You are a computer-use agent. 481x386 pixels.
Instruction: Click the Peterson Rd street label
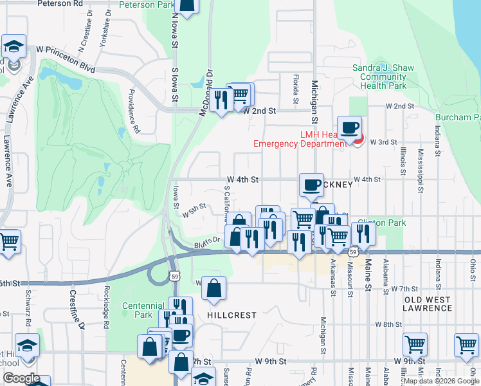60,3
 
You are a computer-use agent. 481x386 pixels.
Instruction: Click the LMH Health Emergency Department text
300,138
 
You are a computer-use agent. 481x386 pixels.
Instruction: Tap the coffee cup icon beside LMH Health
349,127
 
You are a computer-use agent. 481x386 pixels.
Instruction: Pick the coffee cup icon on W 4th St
311,185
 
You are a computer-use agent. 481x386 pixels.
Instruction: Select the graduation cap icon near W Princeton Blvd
14,46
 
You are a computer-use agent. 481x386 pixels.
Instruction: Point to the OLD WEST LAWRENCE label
428,304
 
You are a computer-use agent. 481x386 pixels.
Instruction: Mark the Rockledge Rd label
107,302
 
